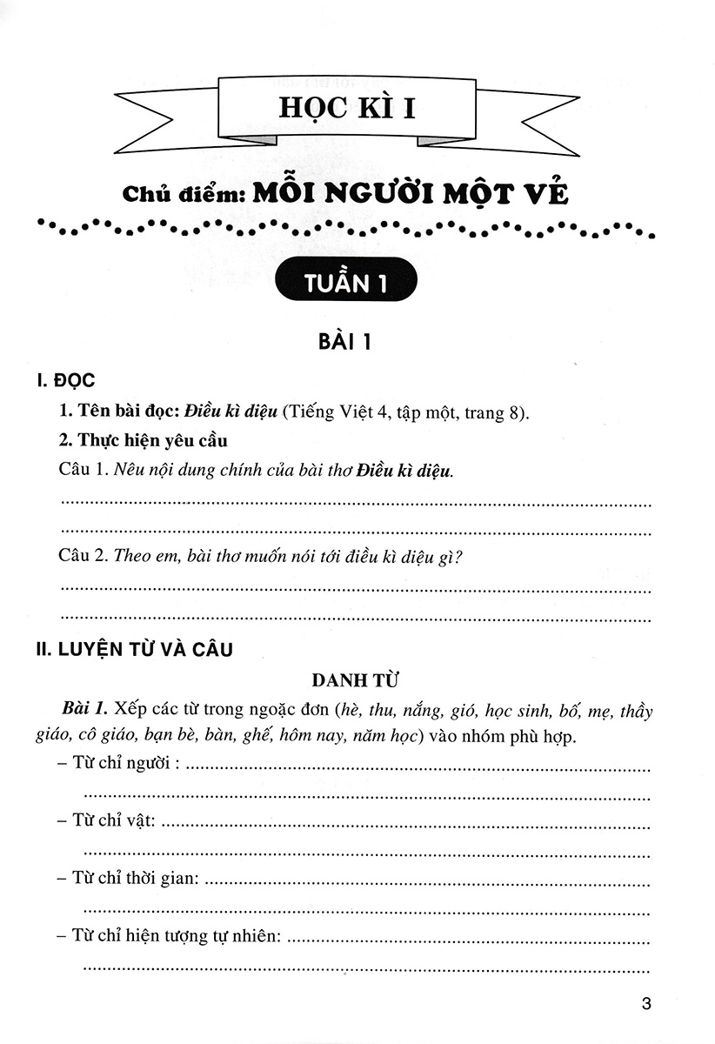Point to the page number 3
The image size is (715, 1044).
(645, 1003)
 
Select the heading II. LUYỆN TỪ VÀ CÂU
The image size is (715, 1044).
(131, 648)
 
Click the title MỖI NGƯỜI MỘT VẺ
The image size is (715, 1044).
(411, 193)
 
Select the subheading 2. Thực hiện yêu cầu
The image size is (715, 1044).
(143, 440)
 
